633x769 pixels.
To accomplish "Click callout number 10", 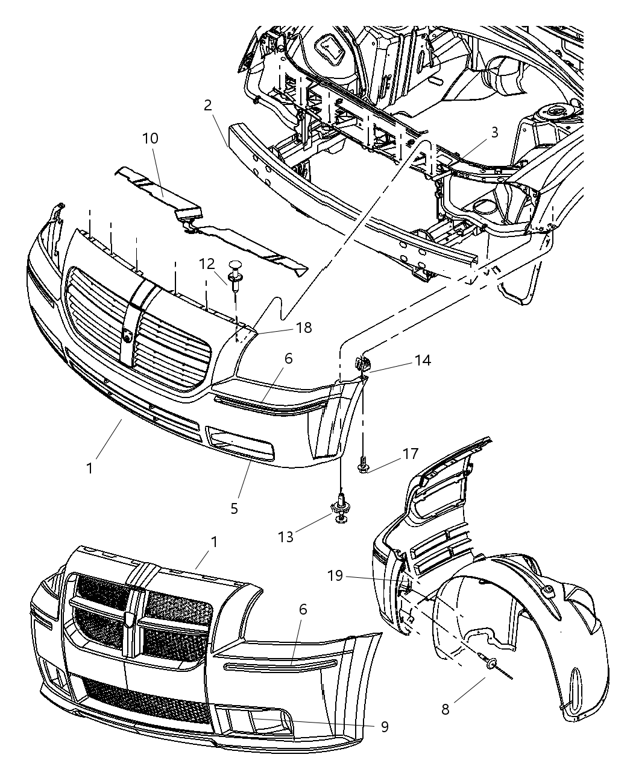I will [150, 138].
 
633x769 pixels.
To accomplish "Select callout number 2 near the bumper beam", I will [208, 106].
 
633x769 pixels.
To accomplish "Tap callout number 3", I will [494, 133].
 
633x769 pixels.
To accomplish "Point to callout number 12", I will [207, 264].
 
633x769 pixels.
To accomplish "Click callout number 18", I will [304, 328].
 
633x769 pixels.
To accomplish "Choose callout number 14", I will [422, 360].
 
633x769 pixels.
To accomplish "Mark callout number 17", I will [411, 453].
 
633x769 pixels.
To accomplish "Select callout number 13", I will [286, 536].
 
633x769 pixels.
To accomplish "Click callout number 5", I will [234, 508].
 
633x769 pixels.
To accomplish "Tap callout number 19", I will [335, 575].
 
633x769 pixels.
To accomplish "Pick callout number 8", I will [445, 709].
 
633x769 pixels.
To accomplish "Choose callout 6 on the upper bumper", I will [288, 359].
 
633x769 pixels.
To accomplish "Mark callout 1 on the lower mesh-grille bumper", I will [213, 542].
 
